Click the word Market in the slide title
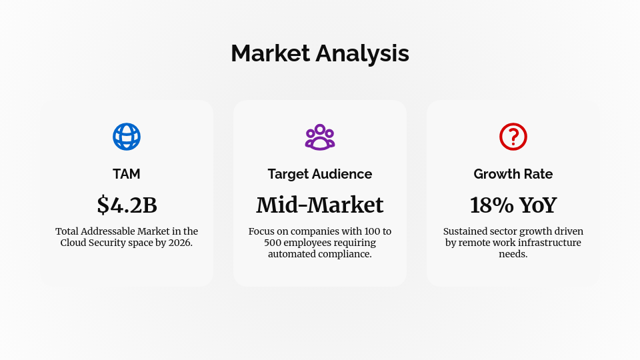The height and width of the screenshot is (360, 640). (271, 53)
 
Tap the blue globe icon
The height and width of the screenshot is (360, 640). (127, 137)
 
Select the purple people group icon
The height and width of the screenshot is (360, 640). (320, 137)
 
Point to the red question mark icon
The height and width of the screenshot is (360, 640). (513, 137)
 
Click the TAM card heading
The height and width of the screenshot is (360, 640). (127, 174)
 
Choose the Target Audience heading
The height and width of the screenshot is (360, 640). (320, 174)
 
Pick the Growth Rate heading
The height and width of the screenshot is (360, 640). (513, 174)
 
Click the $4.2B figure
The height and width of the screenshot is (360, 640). (127, 205)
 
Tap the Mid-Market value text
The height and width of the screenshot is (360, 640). (320, 205)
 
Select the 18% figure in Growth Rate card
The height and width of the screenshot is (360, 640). (490, 205)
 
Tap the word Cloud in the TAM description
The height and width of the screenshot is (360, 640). (74, 243)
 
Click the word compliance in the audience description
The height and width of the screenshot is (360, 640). (341, 254)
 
